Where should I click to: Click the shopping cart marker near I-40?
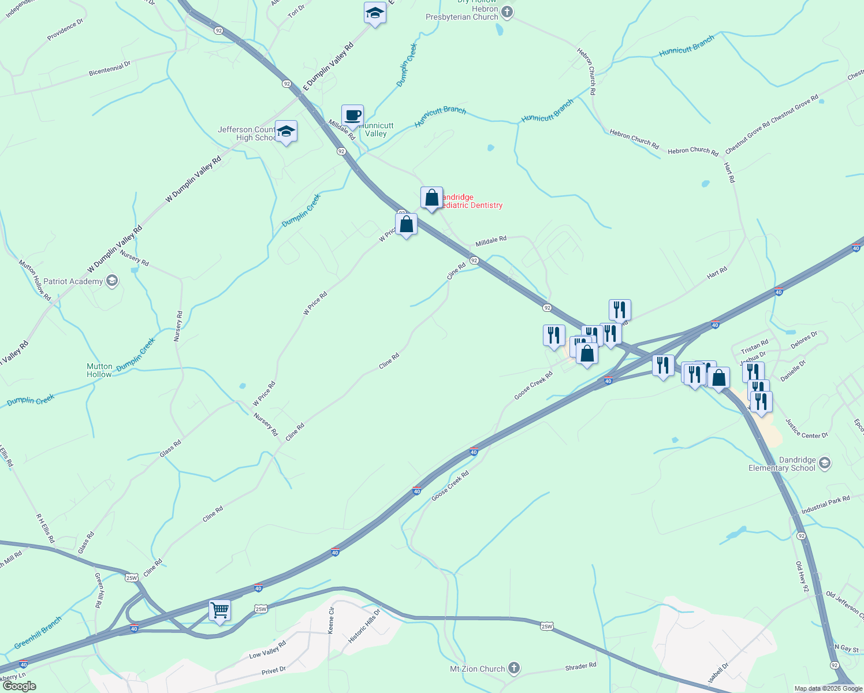(x=219, y=610)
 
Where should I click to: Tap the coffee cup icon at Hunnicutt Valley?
(x=352, y=115)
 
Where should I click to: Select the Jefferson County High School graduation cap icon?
(x=286, y=132)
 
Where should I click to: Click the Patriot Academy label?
(x=73, y=281)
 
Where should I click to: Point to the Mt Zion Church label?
(x=477, y=669)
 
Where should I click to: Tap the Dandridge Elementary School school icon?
(x=825, y=463)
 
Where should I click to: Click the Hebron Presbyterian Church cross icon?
(x=507, y=12)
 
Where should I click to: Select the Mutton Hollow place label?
(x=99, y=370)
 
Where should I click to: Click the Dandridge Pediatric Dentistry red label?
(x=471, y=202)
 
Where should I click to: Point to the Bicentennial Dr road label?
(x=110, y=69)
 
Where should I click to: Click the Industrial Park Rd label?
(x=825, y=504)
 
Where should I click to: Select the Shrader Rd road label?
(x=580, y=666)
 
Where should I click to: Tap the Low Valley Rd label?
(x=267, y=650)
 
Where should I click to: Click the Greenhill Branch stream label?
(x=38, y=632)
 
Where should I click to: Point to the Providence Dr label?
(x=65, y=29)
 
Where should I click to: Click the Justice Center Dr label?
(x=806, y=429)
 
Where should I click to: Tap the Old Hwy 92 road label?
(x=802, y=577)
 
